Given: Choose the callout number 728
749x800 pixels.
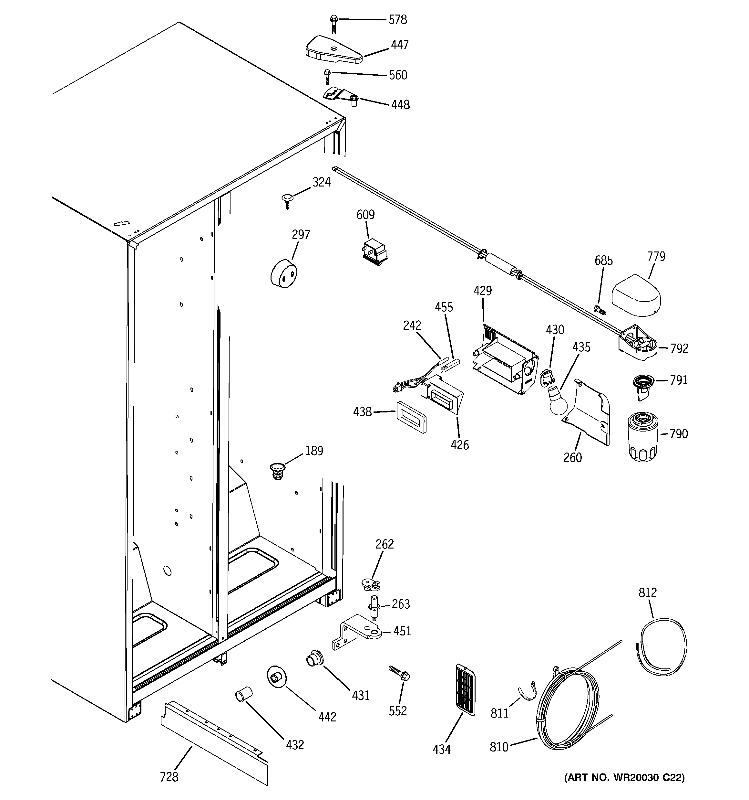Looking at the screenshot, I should tap(169, 776).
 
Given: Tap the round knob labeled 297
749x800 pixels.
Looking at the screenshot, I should tap(284, 274).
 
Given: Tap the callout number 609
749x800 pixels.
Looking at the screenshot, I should tap(365, 215).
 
